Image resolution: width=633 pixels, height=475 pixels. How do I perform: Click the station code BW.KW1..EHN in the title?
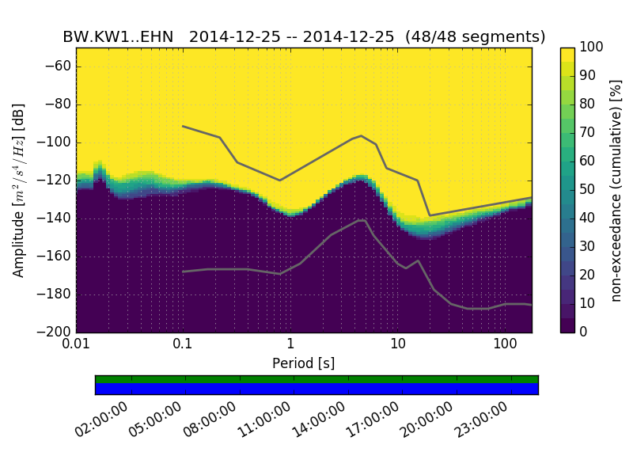pos(118,37)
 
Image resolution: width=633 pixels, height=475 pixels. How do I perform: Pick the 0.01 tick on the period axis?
pos(76,344)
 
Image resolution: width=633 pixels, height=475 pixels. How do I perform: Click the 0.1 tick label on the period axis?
pos(183,344)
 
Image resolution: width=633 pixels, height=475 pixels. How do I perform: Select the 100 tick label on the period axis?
pos(505,344)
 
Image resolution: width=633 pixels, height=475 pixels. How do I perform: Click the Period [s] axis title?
pos(303,363)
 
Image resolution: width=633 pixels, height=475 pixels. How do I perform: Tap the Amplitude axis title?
pos(18,190)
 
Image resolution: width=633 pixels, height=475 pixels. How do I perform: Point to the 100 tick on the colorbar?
pos(592,48)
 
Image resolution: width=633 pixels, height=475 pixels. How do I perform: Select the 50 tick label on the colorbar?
pos(589,190)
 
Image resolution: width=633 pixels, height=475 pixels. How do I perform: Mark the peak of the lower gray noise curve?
pos(362,220)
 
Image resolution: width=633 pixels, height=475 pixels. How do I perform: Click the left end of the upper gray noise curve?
pos(183,126)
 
